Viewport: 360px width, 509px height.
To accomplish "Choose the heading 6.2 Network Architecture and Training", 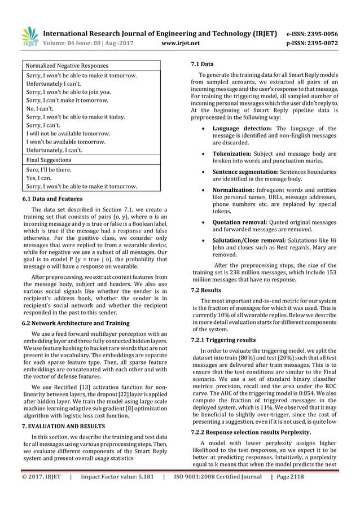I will tap(75, 323).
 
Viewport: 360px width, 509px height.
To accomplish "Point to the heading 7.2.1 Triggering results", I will tap(223, 340).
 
